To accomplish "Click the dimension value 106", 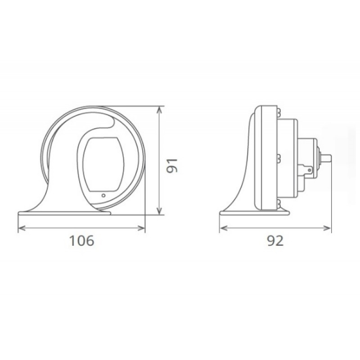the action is point(81,241).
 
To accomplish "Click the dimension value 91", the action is point(172,166).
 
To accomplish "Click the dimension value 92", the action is point(275,241).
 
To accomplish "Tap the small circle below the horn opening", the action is point(103,195).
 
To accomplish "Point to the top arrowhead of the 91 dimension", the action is point(159,110).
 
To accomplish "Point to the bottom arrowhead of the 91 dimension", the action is point(159,211).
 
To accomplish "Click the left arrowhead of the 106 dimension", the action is point(22,228).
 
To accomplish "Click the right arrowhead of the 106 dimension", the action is point(141,228).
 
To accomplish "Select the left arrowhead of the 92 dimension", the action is point(223,228).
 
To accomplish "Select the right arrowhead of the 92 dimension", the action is point(327,228).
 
